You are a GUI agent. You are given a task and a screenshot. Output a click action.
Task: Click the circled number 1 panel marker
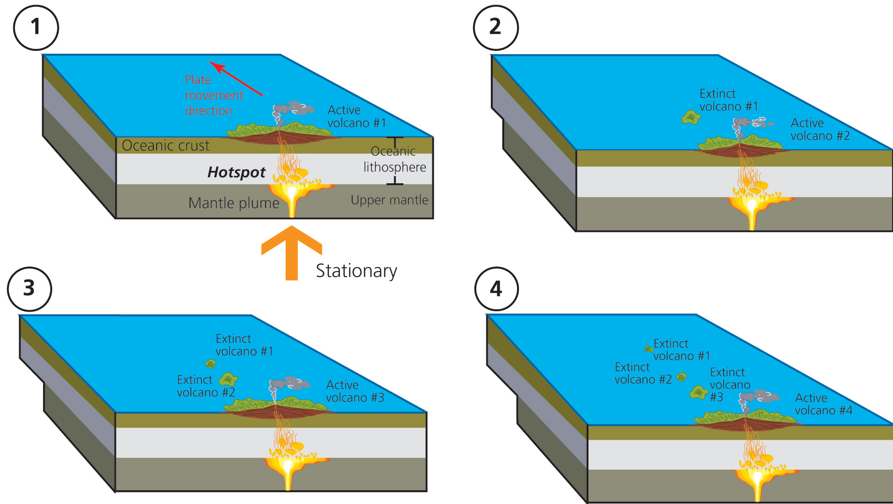click(x=36, y=27)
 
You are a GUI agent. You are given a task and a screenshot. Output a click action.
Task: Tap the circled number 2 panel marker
click(x=496, y=27)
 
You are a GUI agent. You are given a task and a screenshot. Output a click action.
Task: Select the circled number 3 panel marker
click(x=29, y=289)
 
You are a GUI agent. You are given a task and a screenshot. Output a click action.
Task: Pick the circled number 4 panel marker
click(x=496, y=289)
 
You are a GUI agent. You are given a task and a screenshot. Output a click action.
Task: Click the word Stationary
click(x=356, y=271)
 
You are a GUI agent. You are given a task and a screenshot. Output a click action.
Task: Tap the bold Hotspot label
click(x=236, y=172)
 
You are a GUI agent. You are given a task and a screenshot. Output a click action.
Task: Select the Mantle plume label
click(x=234, y=203)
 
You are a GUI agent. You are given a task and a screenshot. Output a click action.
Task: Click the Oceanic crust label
click(x=165, y=146)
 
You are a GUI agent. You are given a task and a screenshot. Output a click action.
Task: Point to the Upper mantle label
click(x=389, y=200)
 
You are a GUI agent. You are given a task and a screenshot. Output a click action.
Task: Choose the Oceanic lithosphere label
click(x=394, y=159)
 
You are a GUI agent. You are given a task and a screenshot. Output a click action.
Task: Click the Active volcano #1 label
click(x=356, y=116)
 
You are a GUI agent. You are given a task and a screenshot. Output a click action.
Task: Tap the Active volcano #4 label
click(x=823, y=404)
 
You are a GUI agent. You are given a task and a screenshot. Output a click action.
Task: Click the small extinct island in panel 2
click(x=691, y=117)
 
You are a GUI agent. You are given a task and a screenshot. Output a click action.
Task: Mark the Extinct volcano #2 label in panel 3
click(x=206, y=386)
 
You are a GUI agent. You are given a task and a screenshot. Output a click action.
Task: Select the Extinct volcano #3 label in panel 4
click(x=730, y=384)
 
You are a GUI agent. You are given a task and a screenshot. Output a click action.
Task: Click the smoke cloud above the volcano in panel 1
click(x=293, y=109)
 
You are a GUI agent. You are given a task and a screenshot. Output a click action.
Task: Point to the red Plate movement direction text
click(x=213, y=95)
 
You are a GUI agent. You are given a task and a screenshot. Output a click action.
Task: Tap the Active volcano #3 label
click(x=354, y=391)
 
